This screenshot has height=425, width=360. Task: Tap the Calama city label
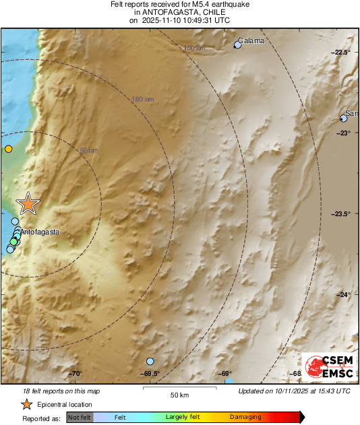[x=251, y=40]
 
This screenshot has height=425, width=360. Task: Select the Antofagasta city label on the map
[x=40, y=232]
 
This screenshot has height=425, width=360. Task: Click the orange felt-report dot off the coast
[x=8, y=149]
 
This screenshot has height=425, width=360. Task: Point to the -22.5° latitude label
[x=342, y=53]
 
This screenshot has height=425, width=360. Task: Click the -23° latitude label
[x=344, y=133]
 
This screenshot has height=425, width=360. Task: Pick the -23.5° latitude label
[x=342, y=214]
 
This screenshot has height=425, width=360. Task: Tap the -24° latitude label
[x=344, y=294]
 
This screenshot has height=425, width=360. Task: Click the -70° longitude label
[x=75, y=374]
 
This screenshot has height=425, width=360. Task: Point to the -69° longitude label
[x=225, y=374]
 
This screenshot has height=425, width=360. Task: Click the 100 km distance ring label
[x=142, y=100]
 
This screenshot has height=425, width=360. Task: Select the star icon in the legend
[x=26, y=404]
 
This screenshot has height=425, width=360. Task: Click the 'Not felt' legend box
[x=80, y=417]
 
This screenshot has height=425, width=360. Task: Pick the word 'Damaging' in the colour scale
[x=245, y=417]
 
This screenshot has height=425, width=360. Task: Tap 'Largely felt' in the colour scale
[x=181, y=417]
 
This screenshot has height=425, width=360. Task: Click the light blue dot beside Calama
[x=237, y=45]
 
